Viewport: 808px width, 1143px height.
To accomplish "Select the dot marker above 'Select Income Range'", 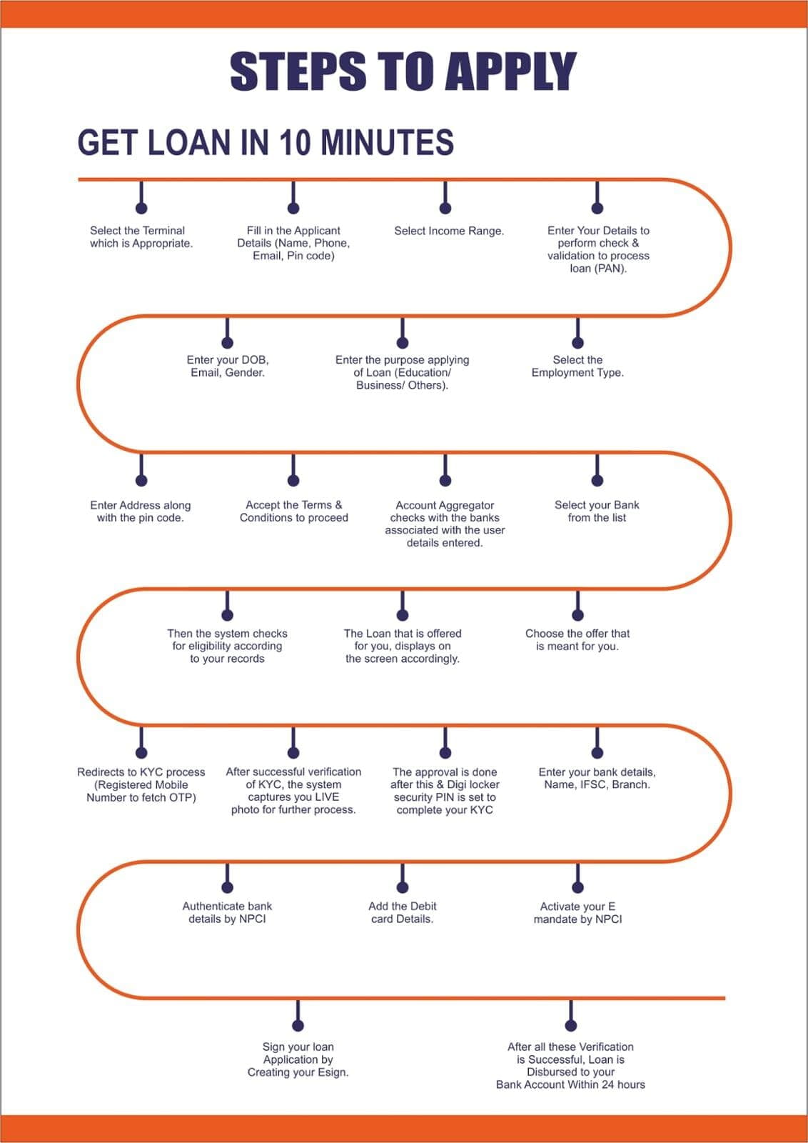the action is (445, 208).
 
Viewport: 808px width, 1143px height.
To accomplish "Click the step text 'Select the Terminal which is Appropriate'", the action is (141, 236).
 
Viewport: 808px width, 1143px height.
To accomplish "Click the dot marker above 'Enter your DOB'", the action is (228, 342).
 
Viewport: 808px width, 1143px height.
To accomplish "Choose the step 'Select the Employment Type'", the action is (577, 366).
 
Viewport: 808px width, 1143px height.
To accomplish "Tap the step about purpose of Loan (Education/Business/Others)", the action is (403, 372).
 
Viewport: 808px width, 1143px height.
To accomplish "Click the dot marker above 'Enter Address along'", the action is (141, 480).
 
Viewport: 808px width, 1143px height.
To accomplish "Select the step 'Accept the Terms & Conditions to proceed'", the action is (293, 511).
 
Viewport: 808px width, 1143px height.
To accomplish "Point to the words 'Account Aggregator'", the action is (445, 505).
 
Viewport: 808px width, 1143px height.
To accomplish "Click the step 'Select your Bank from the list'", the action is (597, 511).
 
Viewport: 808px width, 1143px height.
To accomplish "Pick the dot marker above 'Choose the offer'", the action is (577, 615).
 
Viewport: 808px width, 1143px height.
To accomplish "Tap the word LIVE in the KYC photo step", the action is (328, 797).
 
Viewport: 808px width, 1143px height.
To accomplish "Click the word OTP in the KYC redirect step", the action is (183, 797).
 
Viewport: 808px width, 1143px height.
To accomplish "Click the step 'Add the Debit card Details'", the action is (403, 912).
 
